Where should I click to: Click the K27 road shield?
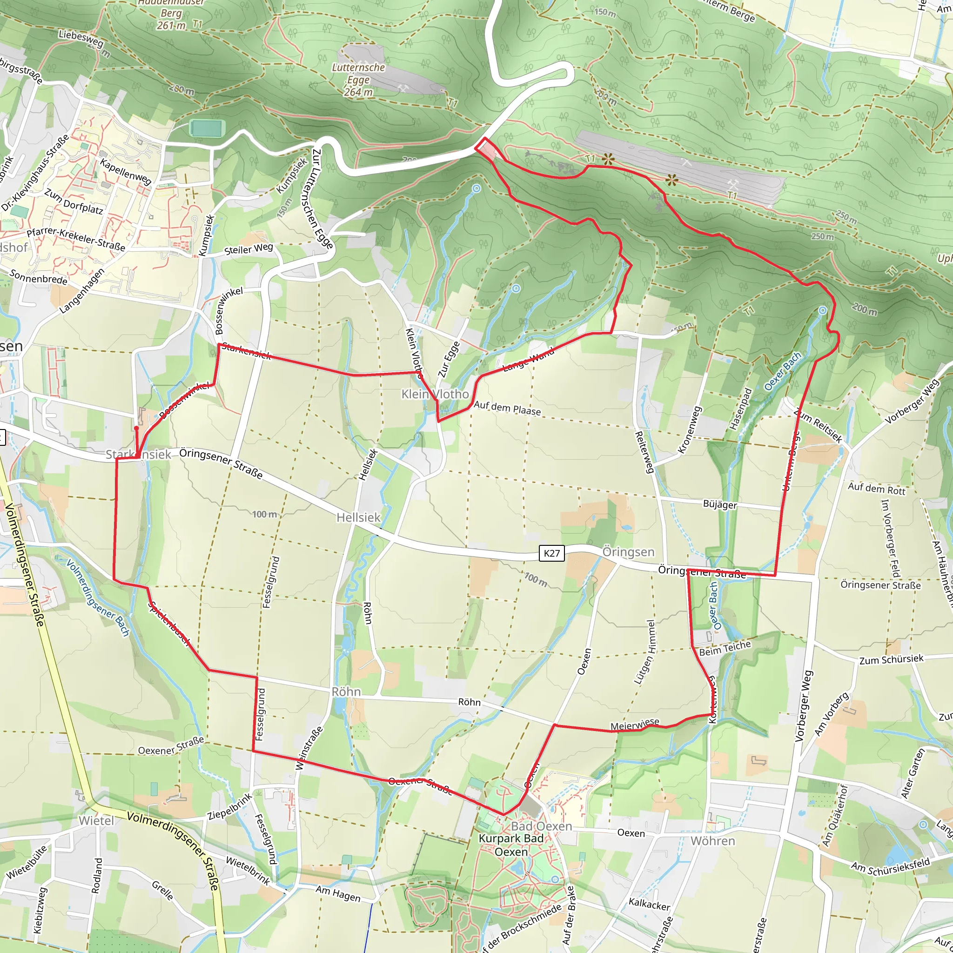(551, 553)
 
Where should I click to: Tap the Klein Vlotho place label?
(435, 394)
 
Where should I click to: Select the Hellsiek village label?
(359, 517)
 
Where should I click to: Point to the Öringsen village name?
(628, 552)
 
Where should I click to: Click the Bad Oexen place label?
(541, 826)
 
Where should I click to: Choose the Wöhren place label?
(713, 840)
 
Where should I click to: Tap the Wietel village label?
(96, 821)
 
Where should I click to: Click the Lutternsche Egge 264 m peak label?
(358, 80)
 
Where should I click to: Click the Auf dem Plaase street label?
(507, 409)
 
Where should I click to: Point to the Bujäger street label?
(720, 504)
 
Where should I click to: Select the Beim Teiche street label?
(725, 648)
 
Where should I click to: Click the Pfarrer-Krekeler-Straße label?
(76, 239)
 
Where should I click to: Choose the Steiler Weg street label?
(248, 249)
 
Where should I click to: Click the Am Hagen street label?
(338, 893)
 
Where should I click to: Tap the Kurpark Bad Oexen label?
(511, 845)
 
